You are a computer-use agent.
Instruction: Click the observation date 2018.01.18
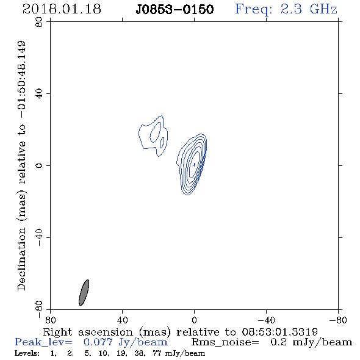coord(62,9)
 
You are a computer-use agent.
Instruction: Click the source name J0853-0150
coord(175,10)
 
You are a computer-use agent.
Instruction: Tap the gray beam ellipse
coord(84,292)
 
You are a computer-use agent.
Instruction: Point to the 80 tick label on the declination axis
coord(39,22)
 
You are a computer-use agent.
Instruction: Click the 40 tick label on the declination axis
coord(39,94)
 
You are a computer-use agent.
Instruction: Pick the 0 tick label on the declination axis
coord(39,165)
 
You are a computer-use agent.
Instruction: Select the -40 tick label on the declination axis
coord(39,237)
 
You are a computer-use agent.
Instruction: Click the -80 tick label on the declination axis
coord(39,309)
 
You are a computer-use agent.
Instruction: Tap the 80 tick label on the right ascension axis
coord(50,320)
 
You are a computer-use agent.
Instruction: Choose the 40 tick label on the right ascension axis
coord(122,320)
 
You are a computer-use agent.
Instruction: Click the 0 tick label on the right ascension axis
coord(194,320)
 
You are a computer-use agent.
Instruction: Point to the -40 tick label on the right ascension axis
coord(266,320)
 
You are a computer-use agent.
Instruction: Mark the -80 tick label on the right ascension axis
coord(338,320)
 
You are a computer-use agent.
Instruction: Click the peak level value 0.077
coord(98,342)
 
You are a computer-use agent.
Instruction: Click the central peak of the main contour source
coord(195,164)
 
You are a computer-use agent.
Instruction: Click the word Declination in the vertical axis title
coord(21,259)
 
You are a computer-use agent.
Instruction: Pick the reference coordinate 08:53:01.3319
coord(279,332)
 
